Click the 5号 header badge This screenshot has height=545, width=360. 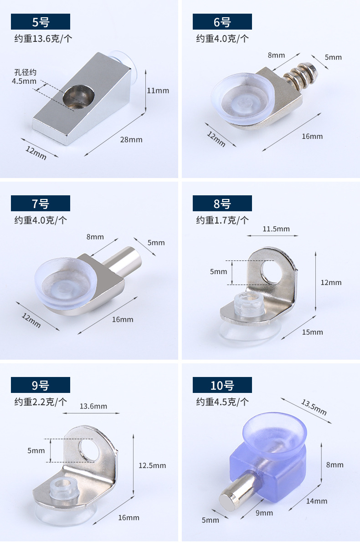tap(41, 21)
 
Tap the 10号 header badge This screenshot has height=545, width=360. tap(222, 385)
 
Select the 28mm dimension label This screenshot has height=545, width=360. tap(131, 140)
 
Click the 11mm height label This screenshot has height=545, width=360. tap(158, 91)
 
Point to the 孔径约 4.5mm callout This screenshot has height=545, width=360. tap(24, 77)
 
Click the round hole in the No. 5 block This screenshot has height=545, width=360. tap(79, 97)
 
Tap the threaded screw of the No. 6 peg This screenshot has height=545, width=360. tap(300, 76)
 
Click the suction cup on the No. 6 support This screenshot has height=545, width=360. tap(243, 98)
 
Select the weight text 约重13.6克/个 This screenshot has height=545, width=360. tap(43, 38)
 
